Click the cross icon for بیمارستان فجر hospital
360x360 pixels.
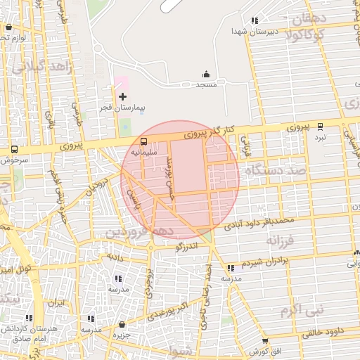point(123,96)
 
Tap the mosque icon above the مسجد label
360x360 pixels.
point(206,74)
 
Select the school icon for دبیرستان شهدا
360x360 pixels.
point(254,20)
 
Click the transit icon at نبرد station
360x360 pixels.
point(321,127)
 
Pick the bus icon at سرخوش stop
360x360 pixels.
point(15,149)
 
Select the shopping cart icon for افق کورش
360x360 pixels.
point(264,340)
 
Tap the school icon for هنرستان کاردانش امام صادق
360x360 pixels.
point(29,318)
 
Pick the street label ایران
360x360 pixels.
point(56,303)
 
